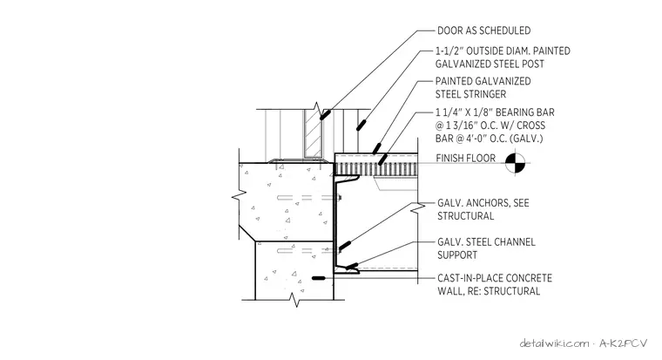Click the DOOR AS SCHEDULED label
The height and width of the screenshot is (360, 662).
click(x=483, y=31)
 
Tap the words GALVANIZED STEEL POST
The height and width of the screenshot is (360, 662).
click(x=490, y=65)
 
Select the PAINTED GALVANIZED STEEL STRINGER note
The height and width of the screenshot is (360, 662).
click(x=483, y=87)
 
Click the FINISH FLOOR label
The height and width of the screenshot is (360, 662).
click(x=466, y=159)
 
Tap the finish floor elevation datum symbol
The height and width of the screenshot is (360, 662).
click(x=515, y=163)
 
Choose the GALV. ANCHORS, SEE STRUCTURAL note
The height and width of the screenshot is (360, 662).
click(x=483, y=209)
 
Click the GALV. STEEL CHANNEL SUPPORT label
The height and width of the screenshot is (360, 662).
click(x=486, y=248)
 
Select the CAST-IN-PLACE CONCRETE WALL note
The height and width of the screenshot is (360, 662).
click(x=495, y=284)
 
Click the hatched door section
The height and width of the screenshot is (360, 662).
click(x=314, y=133)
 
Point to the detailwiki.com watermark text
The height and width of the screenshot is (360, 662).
click(x=554, y=343)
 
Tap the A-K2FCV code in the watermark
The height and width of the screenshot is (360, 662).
click(x=623, y=343)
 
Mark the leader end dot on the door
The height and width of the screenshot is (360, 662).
click(x=325, y=114)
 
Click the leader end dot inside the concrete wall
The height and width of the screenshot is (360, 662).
click(x=318, y=278)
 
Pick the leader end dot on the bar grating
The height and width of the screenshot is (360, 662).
click(x=382, y=160)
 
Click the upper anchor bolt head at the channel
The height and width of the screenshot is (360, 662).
click(x=340, y=197)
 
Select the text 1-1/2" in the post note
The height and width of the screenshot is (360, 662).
click(x=450, y=51)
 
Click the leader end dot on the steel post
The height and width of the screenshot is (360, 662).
click(x=361, y=125)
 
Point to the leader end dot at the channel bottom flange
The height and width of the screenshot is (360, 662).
click(x=352, y=266)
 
